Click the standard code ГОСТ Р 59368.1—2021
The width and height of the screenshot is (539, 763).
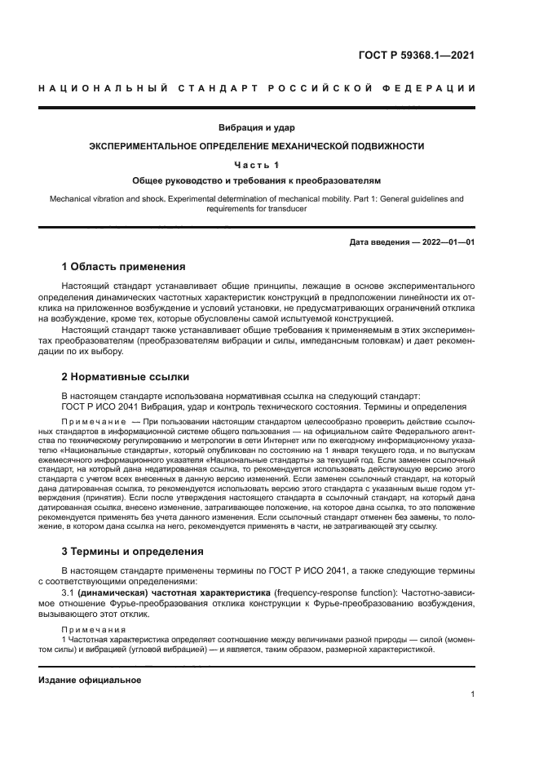(416, 56)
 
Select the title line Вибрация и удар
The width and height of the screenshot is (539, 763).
(256, 127)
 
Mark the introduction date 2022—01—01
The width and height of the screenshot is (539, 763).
(444, 242)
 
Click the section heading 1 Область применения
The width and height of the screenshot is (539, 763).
(124, 267)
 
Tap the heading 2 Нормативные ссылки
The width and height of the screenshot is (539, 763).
(126, 377)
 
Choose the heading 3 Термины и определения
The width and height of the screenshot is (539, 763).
(133, 551)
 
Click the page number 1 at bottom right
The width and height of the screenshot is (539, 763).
(472, 694)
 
